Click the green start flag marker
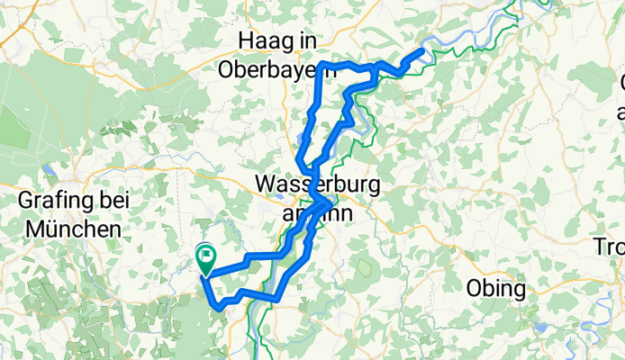tap(204, 257)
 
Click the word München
tap(73, 229)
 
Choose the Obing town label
tap(496, 289)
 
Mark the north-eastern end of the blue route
tap(421, 51)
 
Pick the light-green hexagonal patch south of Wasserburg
tap(366, 267)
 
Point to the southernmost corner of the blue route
tap(219, 307)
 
